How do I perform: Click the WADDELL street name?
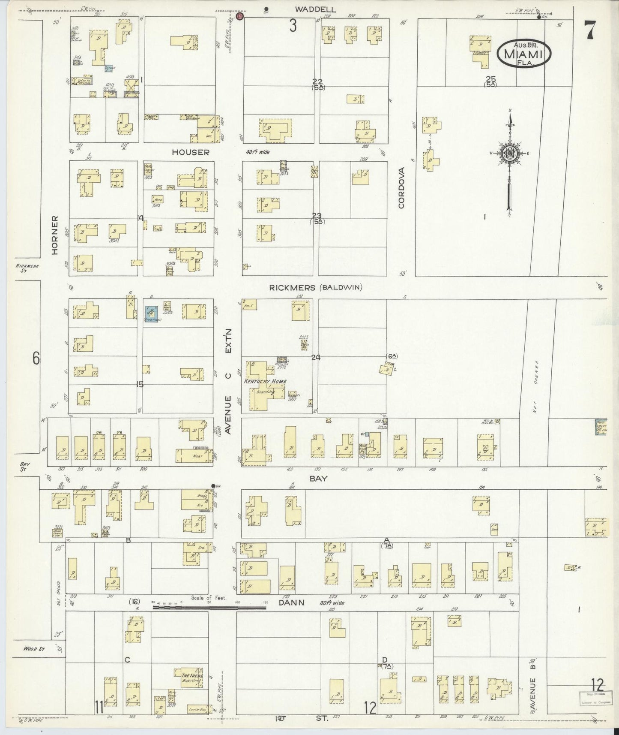pos(315,9)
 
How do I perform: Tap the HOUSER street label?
pos(191,152)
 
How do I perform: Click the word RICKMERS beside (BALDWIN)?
pos(292,288)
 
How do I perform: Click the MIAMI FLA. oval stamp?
pos(524,53)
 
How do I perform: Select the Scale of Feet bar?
pos(210,607)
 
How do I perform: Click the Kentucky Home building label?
pos(265,381)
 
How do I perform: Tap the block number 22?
pos(317,81)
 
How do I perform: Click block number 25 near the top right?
pos(490,78)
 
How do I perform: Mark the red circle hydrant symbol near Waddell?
pos(240,16)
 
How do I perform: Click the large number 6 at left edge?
pos(36,358)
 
